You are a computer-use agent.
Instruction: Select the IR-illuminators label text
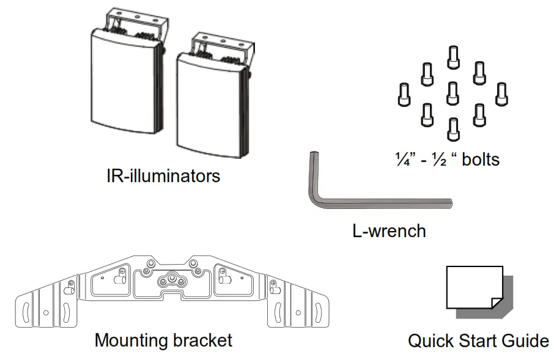point(163,176)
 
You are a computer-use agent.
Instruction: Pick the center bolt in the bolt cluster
point(452,92)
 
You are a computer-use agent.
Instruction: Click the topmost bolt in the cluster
point(452,57)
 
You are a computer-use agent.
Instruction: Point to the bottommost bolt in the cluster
point(452,128)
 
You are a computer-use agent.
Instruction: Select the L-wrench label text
point(389,231)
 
